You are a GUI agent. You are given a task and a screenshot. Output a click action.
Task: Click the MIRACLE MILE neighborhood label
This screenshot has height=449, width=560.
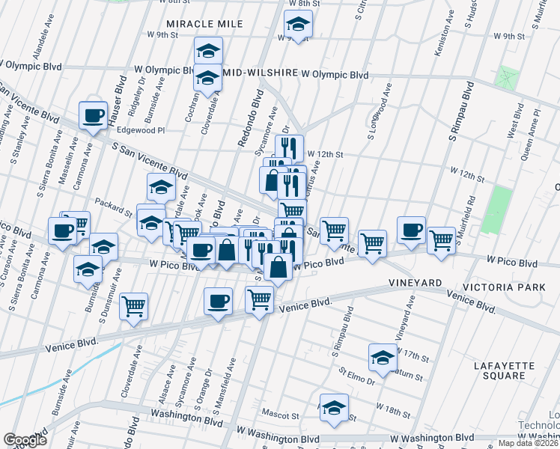coord(204,24)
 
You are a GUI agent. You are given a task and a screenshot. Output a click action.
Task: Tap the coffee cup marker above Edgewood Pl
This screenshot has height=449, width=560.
coord(94,116)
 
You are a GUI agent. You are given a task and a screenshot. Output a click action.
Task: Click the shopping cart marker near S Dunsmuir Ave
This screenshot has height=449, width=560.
coord(133,306)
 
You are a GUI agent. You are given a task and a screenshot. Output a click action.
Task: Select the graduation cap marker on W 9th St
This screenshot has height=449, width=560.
coord(298,28)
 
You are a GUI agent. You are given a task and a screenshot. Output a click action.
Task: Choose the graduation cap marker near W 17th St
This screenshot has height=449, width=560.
coord(383,358)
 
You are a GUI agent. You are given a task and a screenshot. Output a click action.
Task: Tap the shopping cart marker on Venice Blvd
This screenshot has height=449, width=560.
coord(259,300)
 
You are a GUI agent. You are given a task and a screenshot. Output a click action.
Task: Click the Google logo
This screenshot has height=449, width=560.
coord(25,440)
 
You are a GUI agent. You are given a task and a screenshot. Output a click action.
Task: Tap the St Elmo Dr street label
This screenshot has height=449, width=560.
coord(356,372)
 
